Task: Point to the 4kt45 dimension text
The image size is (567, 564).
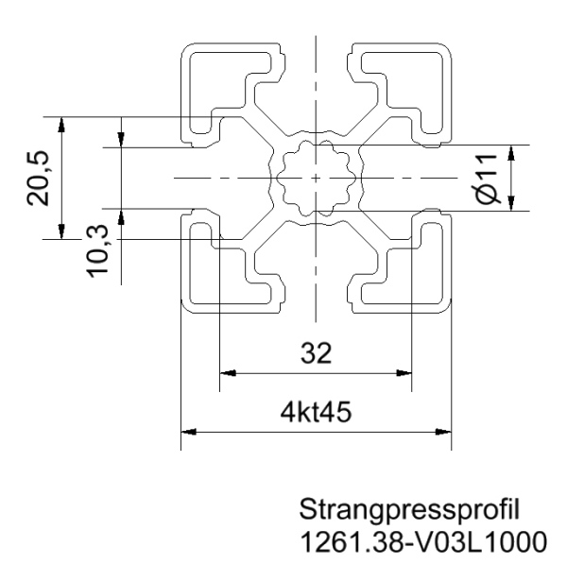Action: pos(316,413)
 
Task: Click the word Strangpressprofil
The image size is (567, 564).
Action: pos(409,510)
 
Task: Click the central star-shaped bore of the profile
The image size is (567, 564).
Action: pos(315,178)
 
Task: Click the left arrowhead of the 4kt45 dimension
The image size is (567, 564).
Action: pos(188,432)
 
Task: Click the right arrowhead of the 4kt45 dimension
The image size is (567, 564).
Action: pos(443,432)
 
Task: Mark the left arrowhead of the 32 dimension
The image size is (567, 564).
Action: pos(226,372)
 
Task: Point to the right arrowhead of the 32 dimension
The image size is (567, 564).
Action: pos(405,372)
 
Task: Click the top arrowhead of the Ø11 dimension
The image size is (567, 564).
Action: pos(510,151)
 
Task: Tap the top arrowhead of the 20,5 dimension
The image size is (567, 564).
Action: pos(61,124)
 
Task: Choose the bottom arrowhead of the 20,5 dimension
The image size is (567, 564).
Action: pos(61,232)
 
